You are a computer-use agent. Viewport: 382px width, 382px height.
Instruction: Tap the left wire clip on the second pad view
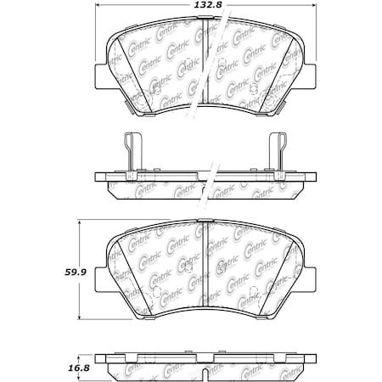click(129, 153)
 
